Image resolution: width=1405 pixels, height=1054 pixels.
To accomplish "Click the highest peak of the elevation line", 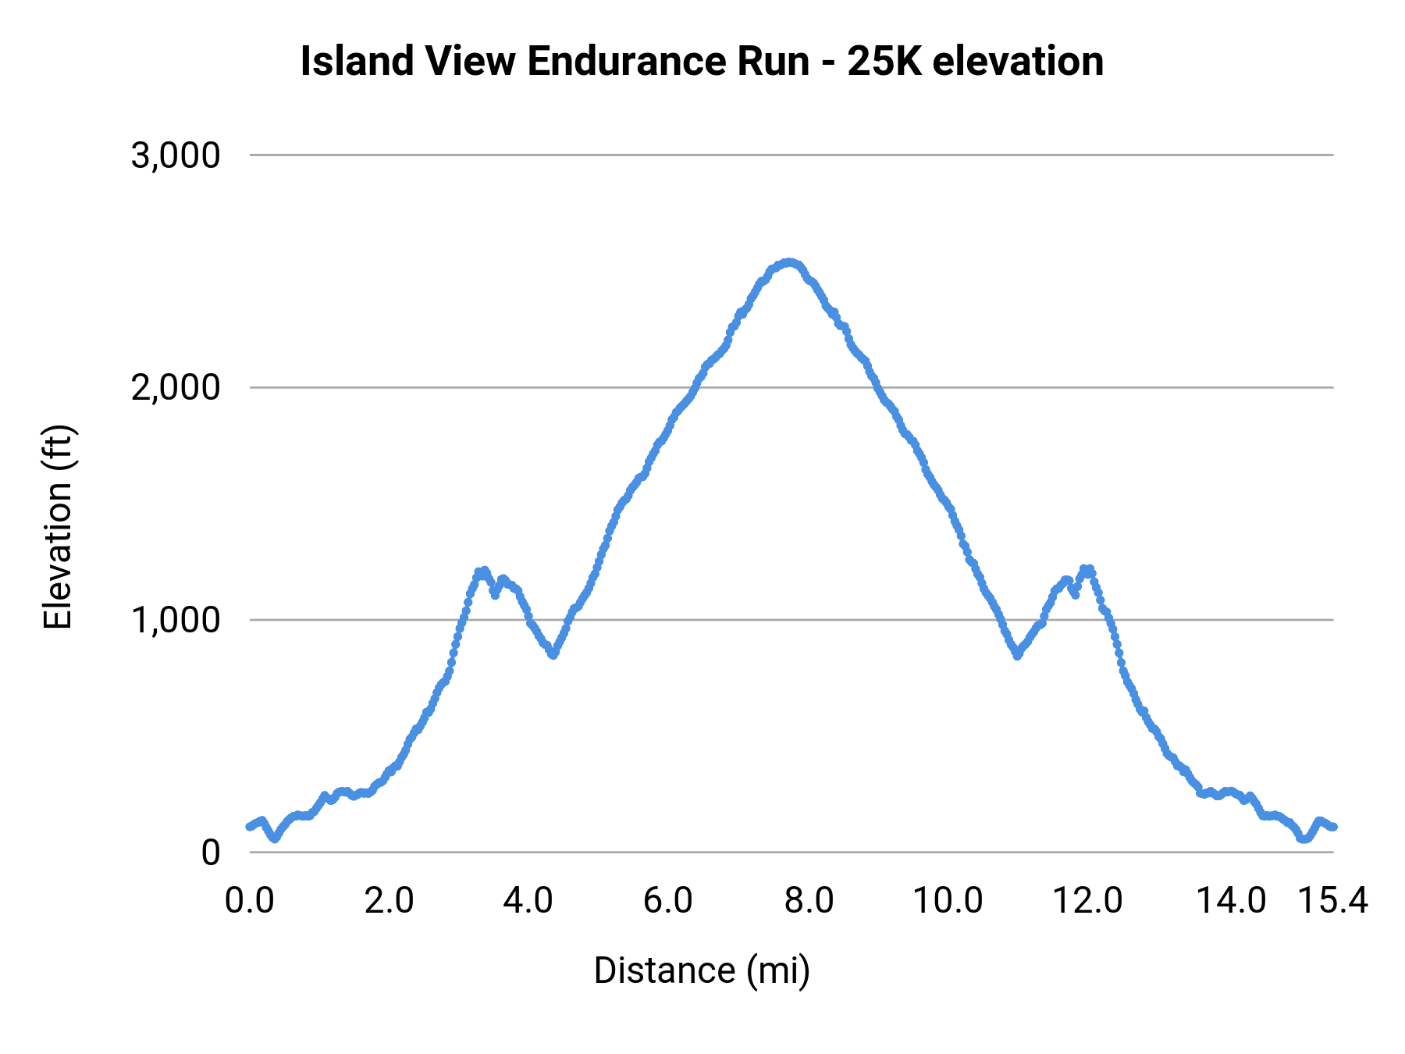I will click(789, 262).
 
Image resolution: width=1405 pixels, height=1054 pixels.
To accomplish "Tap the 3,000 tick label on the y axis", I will click(176, 155).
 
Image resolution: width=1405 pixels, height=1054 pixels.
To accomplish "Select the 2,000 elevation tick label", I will click(176, 387).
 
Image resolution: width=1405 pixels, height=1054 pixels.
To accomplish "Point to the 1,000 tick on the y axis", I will click(176, 620).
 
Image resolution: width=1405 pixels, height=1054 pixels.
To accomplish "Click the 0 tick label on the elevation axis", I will click(210, 853).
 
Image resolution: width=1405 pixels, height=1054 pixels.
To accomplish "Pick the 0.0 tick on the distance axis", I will click(249, 901).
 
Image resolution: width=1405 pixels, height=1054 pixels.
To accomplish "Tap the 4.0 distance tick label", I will click(528, 901).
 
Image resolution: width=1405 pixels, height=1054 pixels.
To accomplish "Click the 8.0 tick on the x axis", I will click(809, 901).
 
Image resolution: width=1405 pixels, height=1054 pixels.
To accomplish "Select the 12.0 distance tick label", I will click(1087, 901).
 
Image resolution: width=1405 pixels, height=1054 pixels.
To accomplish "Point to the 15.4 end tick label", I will click(1332, 901).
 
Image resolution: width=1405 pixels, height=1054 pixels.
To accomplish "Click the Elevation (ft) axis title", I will click(58, 527).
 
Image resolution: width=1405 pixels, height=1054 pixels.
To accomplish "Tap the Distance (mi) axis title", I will click(702, 970).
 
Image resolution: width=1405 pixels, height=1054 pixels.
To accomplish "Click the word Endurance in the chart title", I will click(668, 62).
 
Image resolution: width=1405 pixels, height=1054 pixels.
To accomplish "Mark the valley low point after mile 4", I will click(553, 655).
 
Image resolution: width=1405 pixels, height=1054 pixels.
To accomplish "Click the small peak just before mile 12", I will click(1087, 569).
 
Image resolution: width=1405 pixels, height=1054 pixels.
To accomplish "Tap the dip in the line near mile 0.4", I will click(275, 839).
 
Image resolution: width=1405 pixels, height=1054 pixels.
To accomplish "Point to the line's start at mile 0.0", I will click(250, 826).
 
